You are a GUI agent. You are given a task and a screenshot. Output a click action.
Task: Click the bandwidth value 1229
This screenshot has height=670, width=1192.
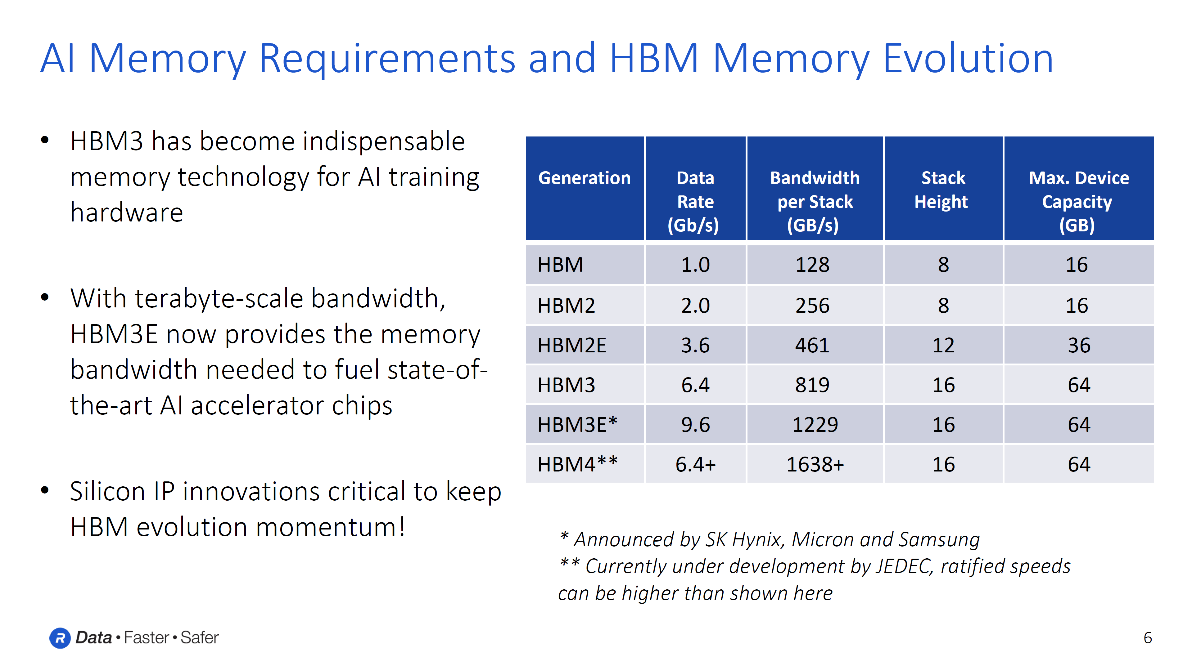pyautogui.click(x=815, y=424)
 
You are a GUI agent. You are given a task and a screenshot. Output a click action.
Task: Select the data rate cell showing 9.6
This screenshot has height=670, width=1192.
pyautogui.click(x=695, y=424)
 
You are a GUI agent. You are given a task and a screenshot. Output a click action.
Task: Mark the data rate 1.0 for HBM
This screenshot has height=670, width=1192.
pyautogui.click(x=695, y=265)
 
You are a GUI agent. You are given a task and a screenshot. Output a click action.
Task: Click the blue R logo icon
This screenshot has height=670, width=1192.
pyautogui.click(x=60, y=638)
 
